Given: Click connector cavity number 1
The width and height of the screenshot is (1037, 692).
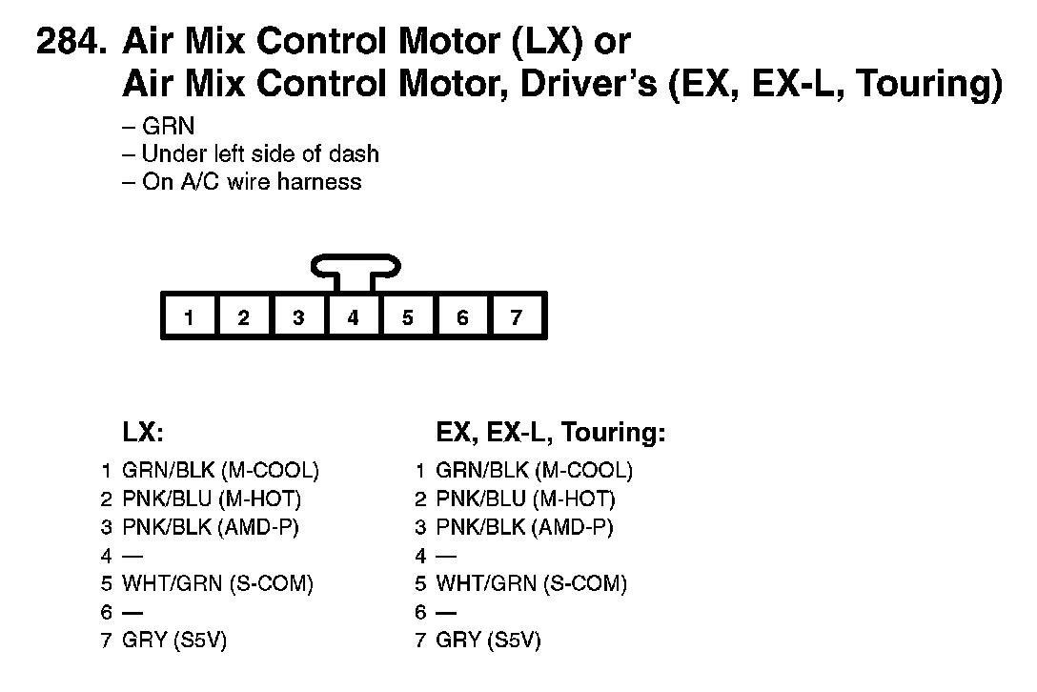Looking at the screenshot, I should click(190, 317).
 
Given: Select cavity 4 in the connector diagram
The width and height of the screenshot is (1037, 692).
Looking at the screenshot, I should click(353, 317).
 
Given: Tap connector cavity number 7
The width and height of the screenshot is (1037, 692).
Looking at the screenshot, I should click(517, 317).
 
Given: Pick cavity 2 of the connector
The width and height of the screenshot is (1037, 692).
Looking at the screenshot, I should click(244, 317).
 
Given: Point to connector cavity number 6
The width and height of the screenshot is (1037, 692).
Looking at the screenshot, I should click(462, 317).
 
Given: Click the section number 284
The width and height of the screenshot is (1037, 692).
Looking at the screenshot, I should click(71, 43).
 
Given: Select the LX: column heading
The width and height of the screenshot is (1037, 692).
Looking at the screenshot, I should click(143, 433).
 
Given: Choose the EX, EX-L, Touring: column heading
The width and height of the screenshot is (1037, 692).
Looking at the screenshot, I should click(550, 433).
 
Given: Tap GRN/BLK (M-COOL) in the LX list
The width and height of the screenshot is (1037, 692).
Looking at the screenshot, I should click(220, 470).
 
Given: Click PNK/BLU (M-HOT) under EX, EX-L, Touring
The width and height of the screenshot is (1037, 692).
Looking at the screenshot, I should click(524, 499).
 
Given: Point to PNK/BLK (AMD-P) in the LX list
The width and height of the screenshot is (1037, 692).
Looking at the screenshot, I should click(216, 527).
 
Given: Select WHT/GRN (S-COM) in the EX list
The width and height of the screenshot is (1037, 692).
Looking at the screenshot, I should click(531, 583).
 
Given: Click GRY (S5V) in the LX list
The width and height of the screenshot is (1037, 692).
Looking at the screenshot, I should click(174, 641).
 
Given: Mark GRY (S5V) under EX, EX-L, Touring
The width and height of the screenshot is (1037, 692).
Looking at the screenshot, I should click(487, 641).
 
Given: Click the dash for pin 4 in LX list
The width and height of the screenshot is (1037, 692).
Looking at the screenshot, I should click(132, 556).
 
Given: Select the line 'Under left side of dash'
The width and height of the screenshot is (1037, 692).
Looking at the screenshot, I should click(259, 153).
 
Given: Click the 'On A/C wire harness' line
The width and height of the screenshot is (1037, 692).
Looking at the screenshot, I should click(251, 181).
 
